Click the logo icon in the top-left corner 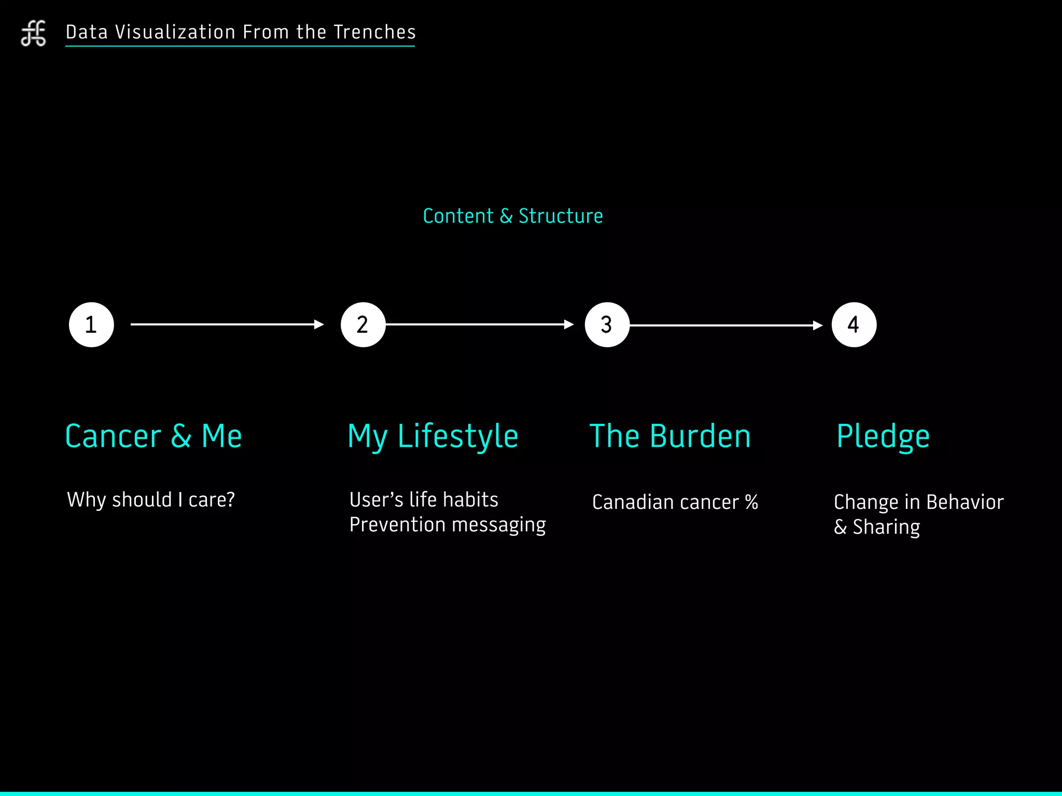click(33, 33)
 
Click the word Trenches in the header click(374, 32)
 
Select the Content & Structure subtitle click(513, 216)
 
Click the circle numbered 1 click(91, 325)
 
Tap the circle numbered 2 click(363, 325)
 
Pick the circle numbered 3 click(607, 325)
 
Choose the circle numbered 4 click(854, 325)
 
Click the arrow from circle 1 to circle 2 click(227, 324)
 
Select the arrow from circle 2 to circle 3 click(480, 324)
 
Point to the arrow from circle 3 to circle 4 click(726, 325)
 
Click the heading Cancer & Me click(153, 436)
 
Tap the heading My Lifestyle click(433, 436)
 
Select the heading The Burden click(670, 436)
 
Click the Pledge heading click(883, 436)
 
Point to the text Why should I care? click(151, 500)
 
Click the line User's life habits click(424, 500)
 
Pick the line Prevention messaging click(448, 525)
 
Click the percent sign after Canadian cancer click(751, 502)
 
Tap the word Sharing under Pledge click(886, 527)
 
